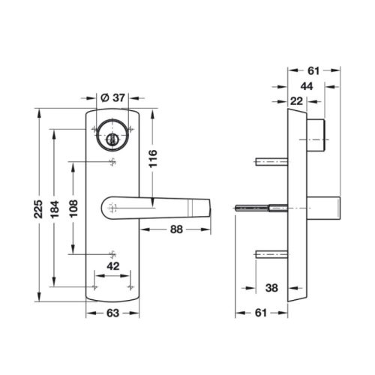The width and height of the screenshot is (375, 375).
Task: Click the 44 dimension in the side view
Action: click(x=307, y=86)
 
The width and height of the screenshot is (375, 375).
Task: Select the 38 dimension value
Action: click(x=271, y=286)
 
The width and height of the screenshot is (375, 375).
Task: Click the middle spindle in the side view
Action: click(x=259, y=208)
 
